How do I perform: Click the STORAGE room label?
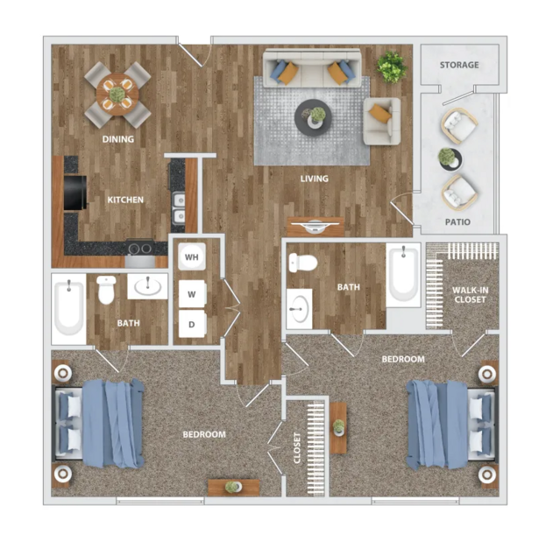pos(459,65)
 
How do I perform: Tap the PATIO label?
pos(457,222)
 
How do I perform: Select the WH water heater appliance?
pos(192,256)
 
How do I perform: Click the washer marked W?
pos(192,294)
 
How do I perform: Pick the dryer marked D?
pos(192,324)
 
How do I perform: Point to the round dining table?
pos(117,95)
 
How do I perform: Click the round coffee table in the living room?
pos(313,117)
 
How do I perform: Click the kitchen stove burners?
pos(140,248)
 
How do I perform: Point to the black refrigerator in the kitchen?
pos(75,193)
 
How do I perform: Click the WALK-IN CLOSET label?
pos(470,295)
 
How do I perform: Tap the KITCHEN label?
pos(125,200)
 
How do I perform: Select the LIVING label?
pos(314,179)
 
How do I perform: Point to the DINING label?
pos(118,139)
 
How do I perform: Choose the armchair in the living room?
pos(381,122)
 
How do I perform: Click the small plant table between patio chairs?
pos(450,159)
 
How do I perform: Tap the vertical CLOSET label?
pos(297,448)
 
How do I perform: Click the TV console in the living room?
pos(315,227)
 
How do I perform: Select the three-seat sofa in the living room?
pos(311,68)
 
